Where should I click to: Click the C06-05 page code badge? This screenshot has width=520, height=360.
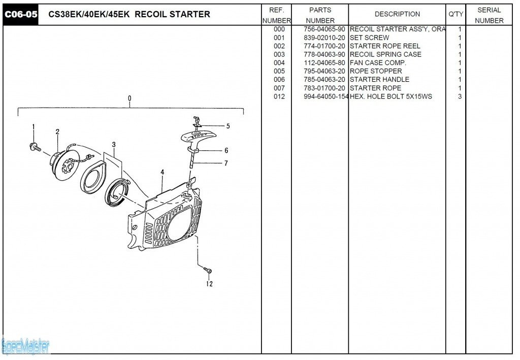click(21, 14)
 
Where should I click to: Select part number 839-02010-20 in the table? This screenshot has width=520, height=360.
click(324, 38)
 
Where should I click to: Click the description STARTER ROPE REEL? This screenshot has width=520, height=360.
click(385, 46)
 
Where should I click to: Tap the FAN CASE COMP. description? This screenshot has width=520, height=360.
click(378, 63)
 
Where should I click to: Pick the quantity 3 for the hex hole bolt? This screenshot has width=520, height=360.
click(460, 96)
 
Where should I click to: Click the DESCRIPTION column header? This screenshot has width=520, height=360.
click(397, 14)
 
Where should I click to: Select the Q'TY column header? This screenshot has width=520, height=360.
click(456, 14)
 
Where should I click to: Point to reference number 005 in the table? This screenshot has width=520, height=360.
click(279, 71)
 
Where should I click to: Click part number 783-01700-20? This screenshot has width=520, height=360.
click(324, 88)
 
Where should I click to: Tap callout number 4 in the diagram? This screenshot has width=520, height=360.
click(162, 172)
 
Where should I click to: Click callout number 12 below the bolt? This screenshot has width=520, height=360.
click(209, 284)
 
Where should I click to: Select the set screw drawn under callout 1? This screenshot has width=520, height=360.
click(35, 147)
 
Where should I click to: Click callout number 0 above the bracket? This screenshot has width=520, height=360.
click(129, 98)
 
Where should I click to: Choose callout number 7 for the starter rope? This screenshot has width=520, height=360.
click(225, 163)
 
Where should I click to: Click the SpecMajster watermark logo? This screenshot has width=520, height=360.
click(25, 346)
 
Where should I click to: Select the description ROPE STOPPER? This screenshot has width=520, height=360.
click(376, 71)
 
